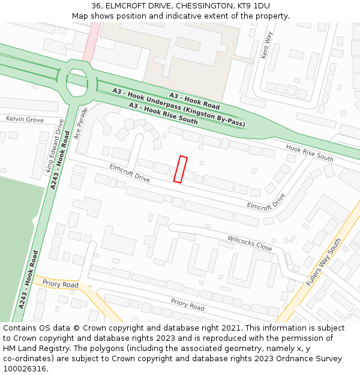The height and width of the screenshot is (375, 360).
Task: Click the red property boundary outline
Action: [x=181, y=169]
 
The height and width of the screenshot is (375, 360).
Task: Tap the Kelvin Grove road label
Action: [x=25, y=120]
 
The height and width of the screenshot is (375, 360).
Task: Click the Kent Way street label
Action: [x=266, y=45]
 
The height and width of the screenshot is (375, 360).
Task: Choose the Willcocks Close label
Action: [x=250, y=243]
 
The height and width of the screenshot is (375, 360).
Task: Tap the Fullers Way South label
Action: [x=324, y=262]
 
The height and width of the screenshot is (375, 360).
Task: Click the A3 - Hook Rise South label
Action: [x=163, y=113]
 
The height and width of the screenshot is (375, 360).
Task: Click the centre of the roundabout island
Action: [x=77, y=82]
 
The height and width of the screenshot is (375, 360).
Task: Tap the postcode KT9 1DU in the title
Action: [x=253, y=5]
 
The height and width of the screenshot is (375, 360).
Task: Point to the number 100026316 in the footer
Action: [x=25, y=368]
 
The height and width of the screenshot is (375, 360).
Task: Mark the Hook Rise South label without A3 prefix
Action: [x=310, y=153]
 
